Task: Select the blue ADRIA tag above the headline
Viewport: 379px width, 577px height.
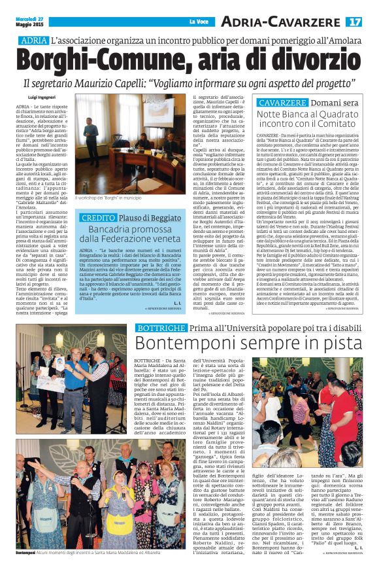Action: click(x=35, y=41)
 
